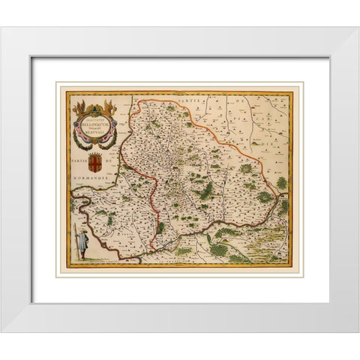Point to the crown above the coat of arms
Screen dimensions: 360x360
[x=97, y=151]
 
